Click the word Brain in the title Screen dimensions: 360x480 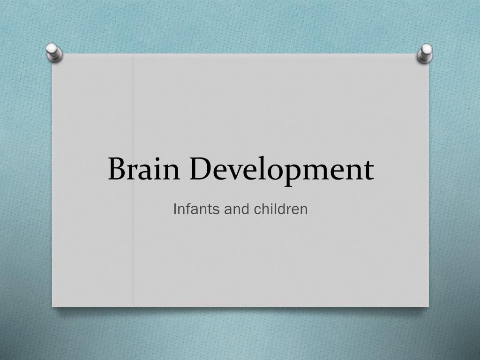point(144,169)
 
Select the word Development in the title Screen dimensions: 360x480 point(281,169)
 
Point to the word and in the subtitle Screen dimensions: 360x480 point(237,209)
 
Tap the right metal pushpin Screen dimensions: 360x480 point(425,53)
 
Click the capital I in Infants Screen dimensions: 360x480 point(175,209)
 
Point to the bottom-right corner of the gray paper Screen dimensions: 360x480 point(428,306)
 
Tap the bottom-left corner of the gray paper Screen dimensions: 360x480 point(52,306)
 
